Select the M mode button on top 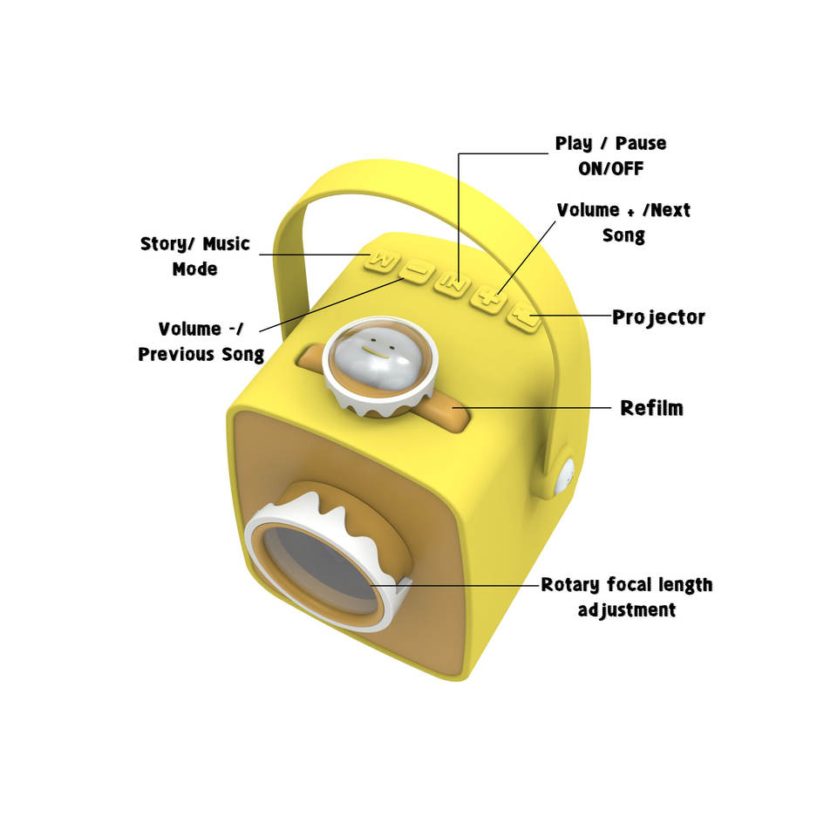(x=383, y=259)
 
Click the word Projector (x=658, y=316)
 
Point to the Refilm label (x=651, y=407)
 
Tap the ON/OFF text (x=610, y=168)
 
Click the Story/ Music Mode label (x=194, y=256)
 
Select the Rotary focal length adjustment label (x=626, y=597)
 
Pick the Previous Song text (x=201, y=354)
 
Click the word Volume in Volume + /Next (x=588, y=210)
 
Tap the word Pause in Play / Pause (x=641, y=143)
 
